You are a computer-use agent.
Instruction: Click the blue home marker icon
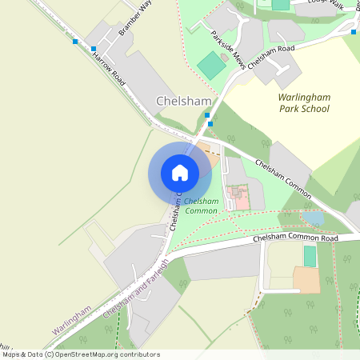point(180,173)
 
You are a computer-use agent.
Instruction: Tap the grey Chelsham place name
point(184,102)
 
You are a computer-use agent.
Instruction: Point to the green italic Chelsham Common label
point(202,206)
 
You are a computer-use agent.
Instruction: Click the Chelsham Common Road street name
point(294,238)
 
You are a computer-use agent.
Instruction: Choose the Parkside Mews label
point(229,50)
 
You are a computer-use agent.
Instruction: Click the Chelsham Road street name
point(271,57)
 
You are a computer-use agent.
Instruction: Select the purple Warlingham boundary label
point(71,319)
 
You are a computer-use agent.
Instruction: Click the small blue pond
point(314,218)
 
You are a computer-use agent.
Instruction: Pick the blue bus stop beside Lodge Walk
point(354,32)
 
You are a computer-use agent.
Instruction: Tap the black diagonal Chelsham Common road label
point(282,174)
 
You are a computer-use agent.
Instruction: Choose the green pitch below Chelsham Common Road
point(310,256)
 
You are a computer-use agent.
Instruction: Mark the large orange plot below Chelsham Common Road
point(306,280)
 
